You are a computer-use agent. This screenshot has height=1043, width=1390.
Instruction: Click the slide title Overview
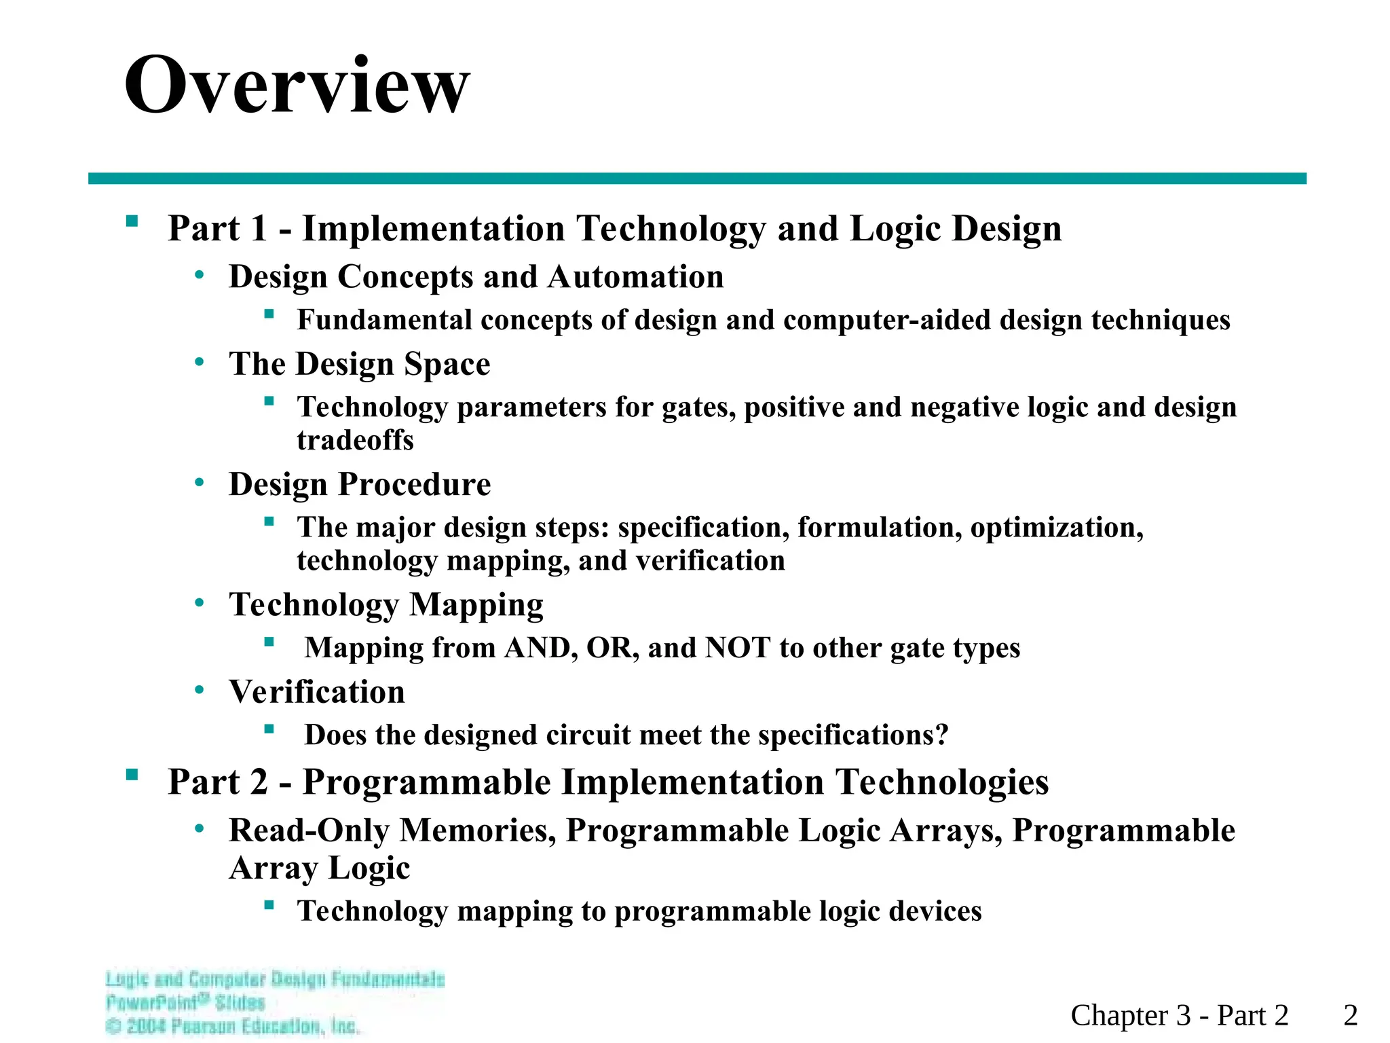click(x=297, y=86)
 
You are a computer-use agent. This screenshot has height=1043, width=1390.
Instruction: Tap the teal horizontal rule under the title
click(x=697, y=179)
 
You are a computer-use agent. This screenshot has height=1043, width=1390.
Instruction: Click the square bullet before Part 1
click(x=132, y=221)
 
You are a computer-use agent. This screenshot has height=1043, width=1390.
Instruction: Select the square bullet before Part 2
click(x=132, y=775)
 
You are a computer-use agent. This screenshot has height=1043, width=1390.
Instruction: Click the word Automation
click(x=635, y=277)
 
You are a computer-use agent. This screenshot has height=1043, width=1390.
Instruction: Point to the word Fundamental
click(x=384, y=320)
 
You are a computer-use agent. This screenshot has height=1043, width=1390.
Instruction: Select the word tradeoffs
click(x=355, y=440)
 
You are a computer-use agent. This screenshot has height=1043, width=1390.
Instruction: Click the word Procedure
click(x=414, y=484)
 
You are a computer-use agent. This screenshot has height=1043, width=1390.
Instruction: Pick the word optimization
click(x=1056, y=528)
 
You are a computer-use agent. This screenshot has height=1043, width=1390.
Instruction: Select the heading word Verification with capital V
click(x=317, y=692)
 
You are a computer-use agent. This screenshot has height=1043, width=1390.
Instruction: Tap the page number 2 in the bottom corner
click(x=1350, y=1015)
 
